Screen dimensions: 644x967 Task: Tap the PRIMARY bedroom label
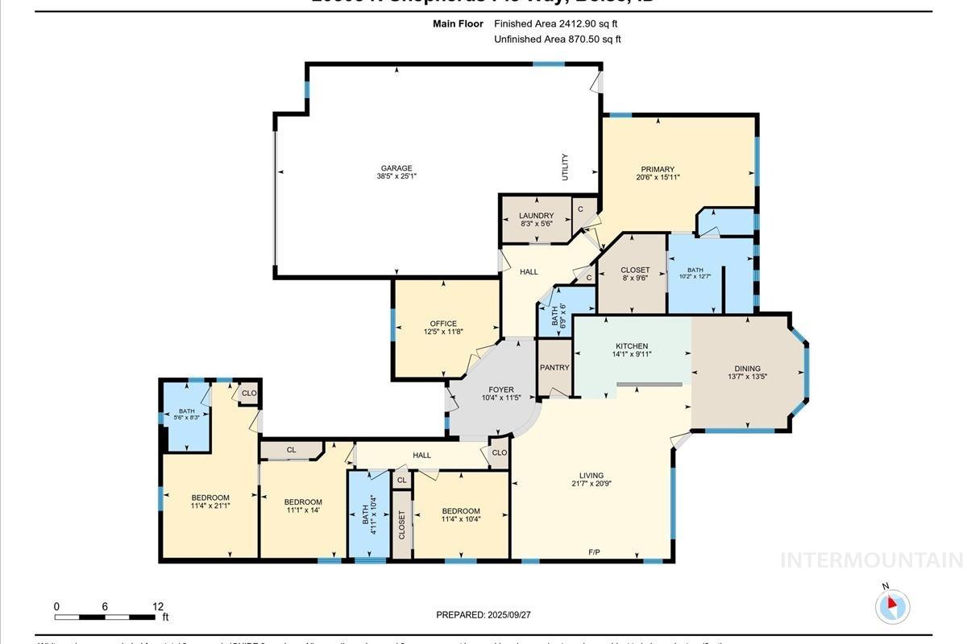[x=658, y=170]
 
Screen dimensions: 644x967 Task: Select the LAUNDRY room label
[x=536, y=216]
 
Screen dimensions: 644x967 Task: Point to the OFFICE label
[x=443, y=324]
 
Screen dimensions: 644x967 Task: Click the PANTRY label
[x=554, y=368]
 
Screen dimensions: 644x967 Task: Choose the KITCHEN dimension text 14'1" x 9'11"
[x=632, y=354]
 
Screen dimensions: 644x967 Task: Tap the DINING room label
[x=746, y=369]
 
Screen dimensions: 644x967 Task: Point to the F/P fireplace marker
[x=594, y=552]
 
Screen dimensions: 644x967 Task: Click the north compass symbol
[x=892, y=605]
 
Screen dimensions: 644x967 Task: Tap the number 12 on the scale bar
[x=158, y=607]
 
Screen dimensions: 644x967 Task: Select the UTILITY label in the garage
[x=565, y=167]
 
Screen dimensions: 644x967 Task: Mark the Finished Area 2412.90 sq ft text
[x=555, y=24]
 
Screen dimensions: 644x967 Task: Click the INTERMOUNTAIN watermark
[x=870, y=559]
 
